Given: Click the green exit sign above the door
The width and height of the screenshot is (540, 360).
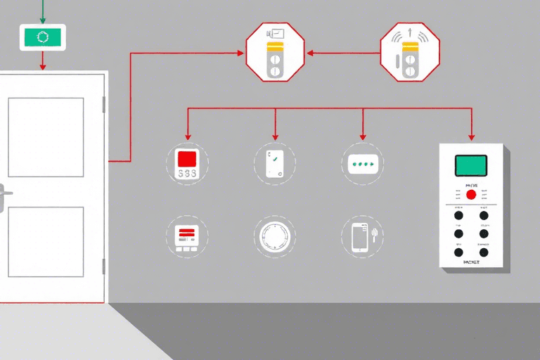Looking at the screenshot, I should coord(42,37).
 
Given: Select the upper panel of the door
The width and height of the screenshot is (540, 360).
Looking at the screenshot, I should coord(46,137).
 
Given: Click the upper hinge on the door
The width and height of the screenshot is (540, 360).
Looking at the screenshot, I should coord(104,105).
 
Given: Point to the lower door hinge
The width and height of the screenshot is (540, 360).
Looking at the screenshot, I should coord(104,266).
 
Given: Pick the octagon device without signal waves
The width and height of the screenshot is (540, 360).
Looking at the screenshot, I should coord(275,51).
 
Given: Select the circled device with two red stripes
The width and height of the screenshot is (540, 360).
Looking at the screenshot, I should coord(186,236).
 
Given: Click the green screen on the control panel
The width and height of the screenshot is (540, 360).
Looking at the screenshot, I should coord(471,165).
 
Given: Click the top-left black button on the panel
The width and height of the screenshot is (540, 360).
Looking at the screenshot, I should coord(458,215).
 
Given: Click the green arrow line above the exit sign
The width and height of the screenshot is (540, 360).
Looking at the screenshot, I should coord(43,11).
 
